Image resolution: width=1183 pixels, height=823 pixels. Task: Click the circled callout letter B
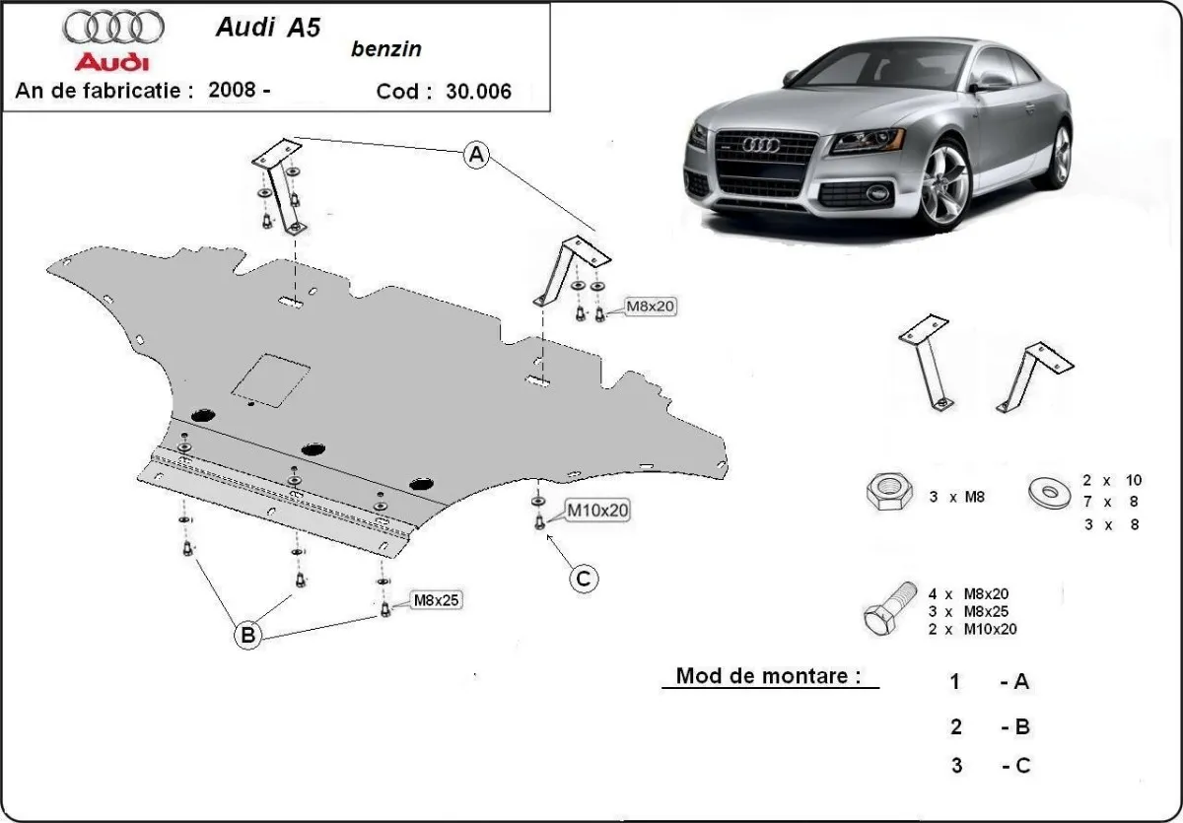pyautogui.click(x=248, y=636)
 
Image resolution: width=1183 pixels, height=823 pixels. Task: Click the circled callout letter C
pyautogui.click(x=583, y=579)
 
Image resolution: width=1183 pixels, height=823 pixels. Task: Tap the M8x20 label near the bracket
pyautogui.click(x=651, y=307)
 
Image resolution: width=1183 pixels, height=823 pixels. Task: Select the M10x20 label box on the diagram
pyautogui.click(x=596, y=510)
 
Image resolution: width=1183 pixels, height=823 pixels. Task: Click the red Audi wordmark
pyautogui.click(x=113, y=62)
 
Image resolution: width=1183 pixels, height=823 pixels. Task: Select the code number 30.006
pyautogui.click(x=478, y=92)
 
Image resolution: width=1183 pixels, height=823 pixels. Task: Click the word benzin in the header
pyautogui.click(x=384, y=49)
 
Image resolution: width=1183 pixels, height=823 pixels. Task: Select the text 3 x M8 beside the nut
pyautogui.click(x=956, y=497)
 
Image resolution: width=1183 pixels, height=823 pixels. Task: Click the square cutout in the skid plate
pyautogui.click(x=271, y=380)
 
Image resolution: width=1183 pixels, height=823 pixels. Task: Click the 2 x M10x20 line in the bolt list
pyautogui.click(x=972, y=629)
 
